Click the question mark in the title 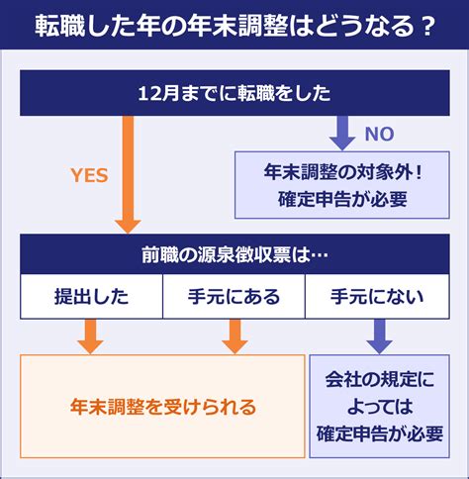pos(427,26)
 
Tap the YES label pos(89,175)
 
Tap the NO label pos(379,134)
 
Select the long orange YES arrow pos(128,174)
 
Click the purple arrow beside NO pos(342,133)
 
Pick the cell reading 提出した pos(91,296)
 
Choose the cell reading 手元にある pos(234,296)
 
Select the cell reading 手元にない pos(377,296)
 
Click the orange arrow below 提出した pos(90,336)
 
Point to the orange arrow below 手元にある pos(234,336)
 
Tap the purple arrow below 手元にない pos(379,336)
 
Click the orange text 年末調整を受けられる pos(163,407)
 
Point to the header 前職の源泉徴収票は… pos(234,254)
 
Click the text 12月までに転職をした pos(234,93)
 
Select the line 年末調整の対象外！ pos(342,172)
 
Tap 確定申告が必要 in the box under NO pos(342,199)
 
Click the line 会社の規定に pos(380,379)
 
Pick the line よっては pos(380,407)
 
